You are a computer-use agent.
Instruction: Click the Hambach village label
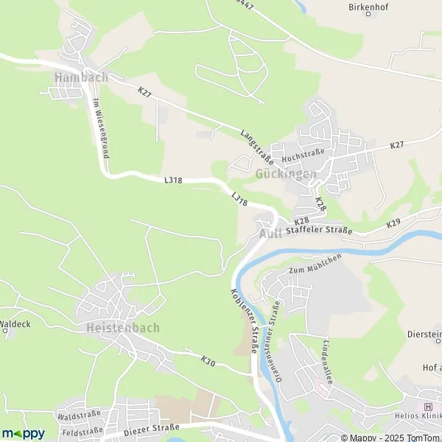tap(81, 77)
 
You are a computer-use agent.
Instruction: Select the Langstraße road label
tap(257, 147)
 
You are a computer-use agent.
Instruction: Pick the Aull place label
tap(270, 234)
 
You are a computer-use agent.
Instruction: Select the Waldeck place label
tap(14, 323)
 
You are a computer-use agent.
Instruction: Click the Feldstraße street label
tap(81, 432)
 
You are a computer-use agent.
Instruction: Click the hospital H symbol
tap(428, 407)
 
